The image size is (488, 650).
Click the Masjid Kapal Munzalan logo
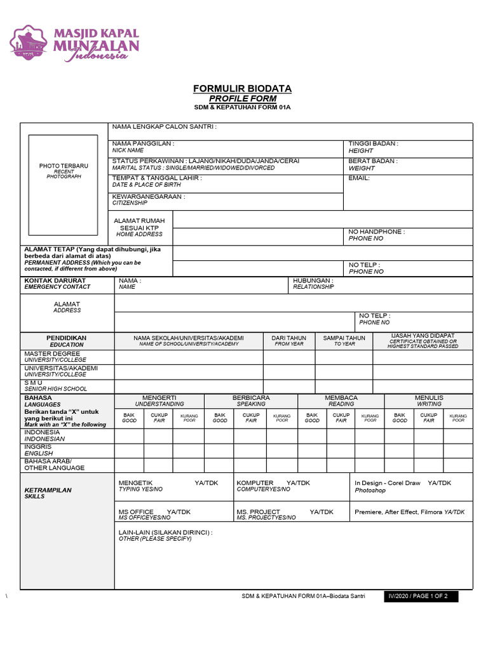click(x=74, y=43)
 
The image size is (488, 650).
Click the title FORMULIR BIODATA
click(x=242, y=88)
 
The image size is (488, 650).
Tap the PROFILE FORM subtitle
click(x=242, y=98)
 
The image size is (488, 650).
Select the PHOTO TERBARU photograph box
click(x=64, y=169)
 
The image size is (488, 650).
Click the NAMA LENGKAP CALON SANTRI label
click(x=164, y=127)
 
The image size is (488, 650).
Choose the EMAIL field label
click(x=359, y=178)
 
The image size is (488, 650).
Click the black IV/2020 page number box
click(x=421, y=597)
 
